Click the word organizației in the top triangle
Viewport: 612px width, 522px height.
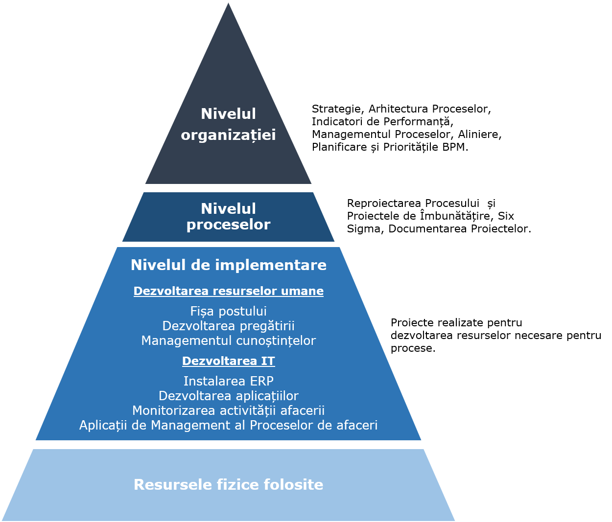pos(228,135)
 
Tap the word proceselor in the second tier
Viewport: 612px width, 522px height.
pos(228,225)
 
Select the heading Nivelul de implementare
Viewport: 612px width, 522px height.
pos(228,265)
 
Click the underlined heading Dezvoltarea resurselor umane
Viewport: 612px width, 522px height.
pos(228,291)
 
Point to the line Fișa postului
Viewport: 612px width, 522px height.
pos(228,311)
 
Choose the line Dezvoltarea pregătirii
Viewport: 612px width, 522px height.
pos(228,326)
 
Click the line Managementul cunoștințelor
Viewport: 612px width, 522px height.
pos(228,340)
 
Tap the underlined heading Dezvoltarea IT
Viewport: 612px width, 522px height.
pos(228,361)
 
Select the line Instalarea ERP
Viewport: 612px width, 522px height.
pos(228,381)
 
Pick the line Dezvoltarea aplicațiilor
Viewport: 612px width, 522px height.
pos(228,396)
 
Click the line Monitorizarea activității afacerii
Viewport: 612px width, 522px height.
pos(228,410)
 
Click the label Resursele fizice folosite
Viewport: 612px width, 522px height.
pos(228,485)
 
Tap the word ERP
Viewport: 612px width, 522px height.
pos(261,381)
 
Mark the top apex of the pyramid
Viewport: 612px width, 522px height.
pos(228,3)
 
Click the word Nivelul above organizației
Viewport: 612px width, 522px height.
pos(228,114)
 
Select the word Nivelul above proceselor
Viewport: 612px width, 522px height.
pos(228,209)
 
